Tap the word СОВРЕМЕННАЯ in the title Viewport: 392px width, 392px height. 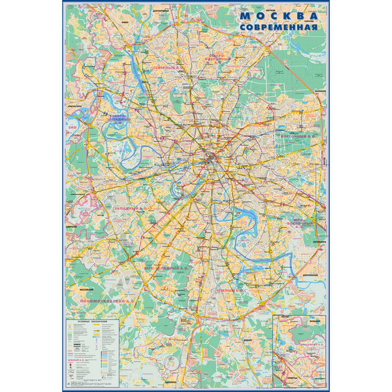click(x=278, y=28)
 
